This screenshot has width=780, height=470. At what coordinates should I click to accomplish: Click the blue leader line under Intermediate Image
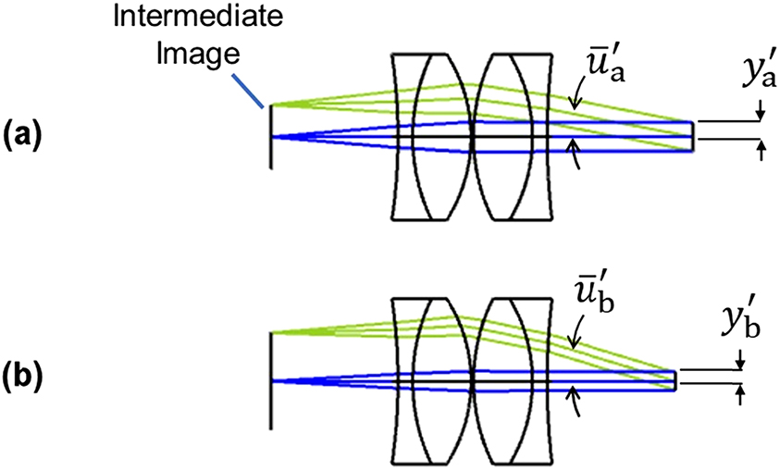click(x=250, y=89)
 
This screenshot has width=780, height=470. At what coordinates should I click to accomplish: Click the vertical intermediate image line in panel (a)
click(x=270, y=139)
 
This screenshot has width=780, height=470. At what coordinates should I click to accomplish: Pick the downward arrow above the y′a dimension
click(x=760, y=114)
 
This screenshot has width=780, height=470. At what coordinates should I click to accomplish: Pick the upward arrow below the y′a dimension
click(x=760, y=153)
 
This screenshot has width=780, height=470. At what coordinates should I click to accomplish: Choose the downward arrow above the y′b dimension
click(x=741, y=364)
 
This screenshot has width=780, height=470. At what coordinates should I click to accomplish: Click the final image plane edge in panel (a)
click(x=695, y=136)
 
